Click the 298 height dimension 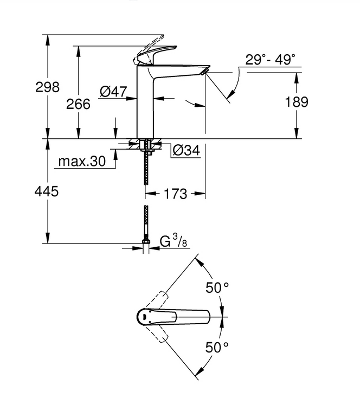(x=47, y=87)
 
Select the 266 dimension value (x=78, y=104)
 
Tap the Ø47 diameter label (x=113, y=92)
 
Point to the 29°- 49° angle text (x=270, y=60)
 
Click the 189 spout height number (x=297, y=102)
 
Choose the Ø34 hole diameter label (x=187, y=150)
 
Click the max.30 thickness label (x=82, y=161)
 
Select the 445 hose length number (x=47, y=191)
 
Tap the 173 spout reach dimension (x=175, y=194)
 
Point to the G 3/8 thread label (x=173, y=241)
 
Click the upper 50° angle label (x=217, y=287)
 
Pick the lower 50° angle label (x=217, y=348)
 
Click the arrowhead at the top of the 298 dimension (x=47, y=40)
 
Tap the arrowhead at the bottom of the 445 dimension (x=47, y=237)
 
